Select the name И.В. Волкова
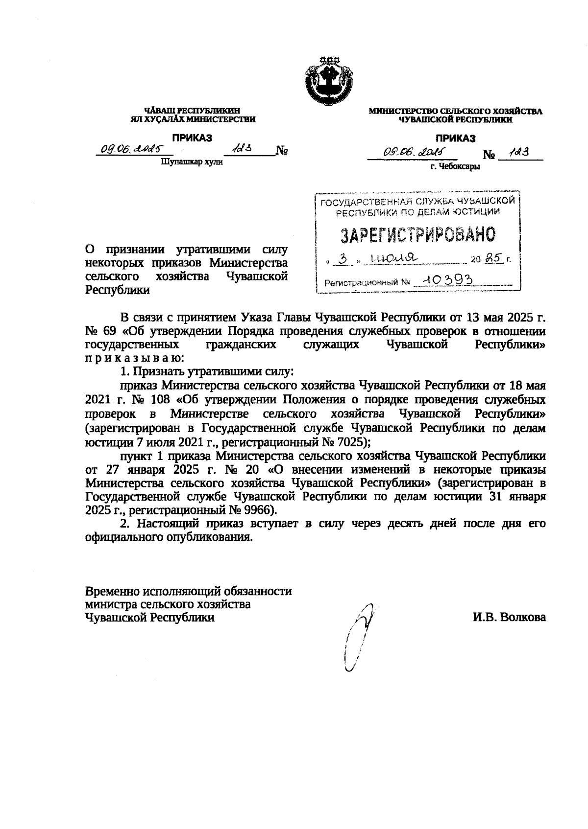pyautogui.click(x=509, y=618)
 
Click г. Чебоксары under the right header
pyautogui.click(x=455, y=166)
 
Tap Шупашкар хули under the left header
pyautogui.click(x=192, y=162)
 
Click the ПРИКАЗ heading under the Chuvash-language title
pyautogui.click(x=192, y=138)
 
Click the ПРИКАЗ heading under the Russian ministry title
pyautogui.click(x=456, y=138)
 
